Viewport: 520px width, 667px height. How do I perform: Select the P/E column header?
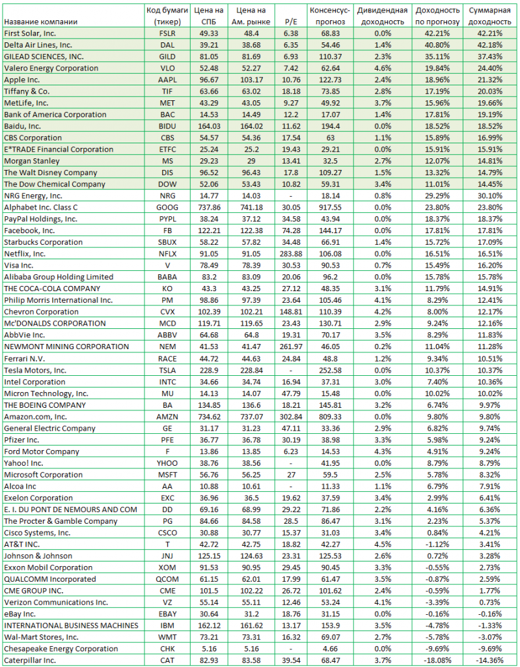tap(291, 21)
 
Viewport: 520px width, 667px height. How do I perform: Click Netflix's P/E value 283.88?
tap(291, 254)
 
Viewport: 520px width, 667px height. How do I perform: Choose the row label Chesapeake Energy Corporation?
tap(62, 649)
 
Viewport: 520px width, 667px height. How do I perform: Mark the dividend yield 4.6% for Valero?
tap(383, 68)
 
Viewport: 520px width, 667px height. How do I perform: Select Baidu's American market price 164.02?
tap(250, 126)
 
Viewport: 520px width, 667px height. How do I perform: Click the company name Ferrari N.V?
tap(25, 358)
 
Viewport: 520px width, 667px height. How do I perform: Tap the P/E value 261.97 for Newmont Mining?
tap(291, 347)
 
